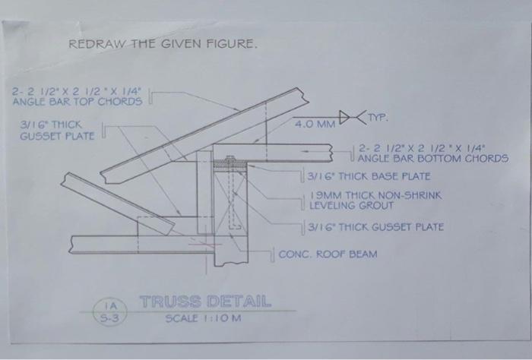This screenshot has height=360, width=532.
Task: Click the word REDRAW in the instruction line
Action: [93, 45]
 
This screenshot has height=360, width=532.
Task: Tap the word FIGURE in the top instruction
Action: [232, 45]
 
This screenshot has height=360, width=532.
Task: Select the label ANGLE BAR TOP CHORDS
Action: [78, 101]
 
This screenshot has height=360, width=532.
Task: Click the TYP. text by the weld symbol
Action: [378, 118]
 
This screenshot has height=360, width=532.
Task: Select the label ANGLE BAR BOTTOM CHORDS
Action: [432, 159]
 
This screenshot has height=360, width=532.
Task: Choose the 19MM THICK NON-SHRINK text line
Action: [375, 195]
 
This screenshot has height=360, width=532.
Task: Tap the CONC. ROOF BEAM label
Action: [328, 254]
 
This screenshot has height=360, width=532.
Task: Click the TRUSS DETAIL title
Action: [205, 299]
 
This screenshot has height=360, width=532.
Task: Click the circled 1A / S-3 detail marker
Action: [110, 313]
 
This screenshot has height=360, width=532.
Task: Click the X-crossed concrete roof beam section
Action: [227, 213]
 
